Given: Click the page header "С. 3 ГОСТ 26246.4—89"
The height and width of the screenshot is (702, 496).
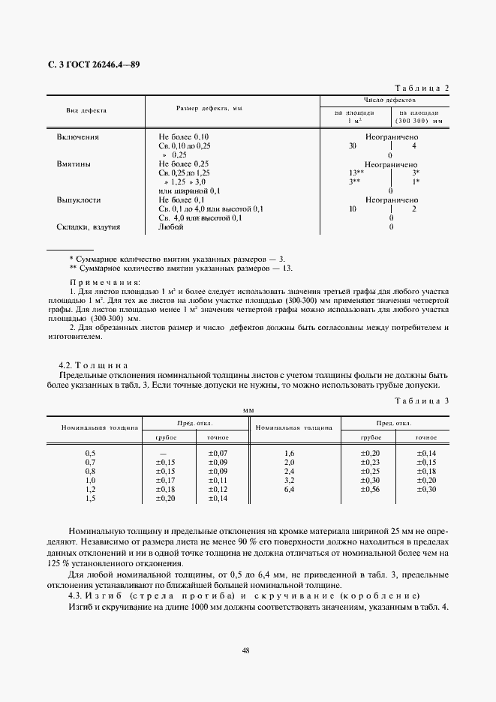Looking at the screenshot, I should point(94,64).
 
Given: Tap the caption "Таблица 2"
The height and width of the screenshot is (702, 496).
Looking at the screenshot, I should point(420,88).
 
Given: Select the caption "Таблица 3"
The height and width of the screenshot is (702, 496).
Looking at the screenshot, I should point(420,401).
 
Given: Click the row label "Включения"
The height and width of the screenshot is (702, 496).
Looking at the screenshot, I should point(77,138).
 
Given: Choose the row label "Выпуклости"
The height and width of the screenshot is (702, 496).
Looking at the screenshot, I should point(77,200).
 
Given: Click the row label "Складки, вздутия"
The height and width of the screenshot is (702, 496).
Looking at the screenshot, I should point(88,226).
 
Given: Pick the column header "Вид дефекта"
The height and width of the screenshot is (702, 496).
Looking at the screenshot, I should point(86,110).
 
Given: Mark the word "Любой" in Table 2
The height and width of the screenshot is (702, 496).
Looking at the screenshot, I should point(170,226).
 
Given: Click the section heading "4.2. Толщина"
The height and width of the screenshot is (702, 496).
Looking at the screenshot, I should point(95,364).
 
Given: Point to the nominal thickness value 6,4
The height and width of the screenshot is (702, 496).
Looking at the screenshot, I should point(289,489).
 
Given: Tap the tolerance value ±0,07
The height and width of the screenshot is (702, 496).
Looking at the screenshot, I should point(217,454).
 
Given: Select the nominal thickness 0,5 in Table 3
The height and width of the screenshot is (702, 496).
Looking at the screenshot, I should point(91,454).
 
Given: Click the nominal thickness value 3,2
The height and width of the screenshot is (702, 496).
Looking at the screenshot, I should point(289,480).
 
